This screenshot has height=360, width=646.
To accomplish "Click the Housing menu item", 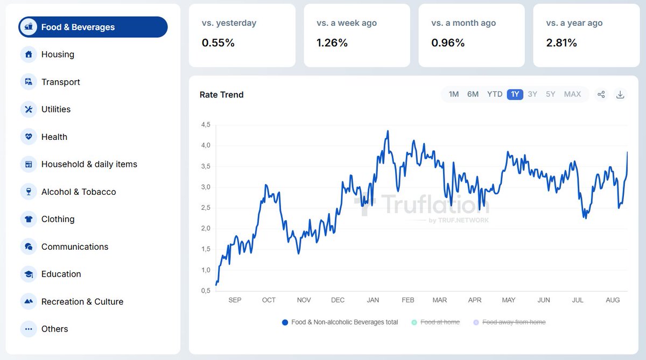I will pyautogui.click(x=57, y=54).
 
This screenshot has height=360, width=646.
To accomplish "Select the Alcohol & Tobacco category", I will pyautogui.click(x=78, y=192).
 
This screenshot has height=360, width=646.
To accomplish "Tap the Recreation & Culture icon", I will pyautogui.click(x=29, y=301).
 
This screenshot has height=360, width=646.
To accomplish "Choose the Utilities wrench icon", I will pyautogui.click(x=29, y=109).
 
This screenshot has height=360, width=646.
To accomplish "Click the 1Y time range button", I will pyautogui.click(x=515, y=94).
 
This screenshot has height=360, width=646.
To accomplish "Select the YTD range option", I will pyautogui.click(x=494, y=94).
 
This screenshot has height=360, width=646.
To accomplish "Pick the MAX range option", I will pyautogui.click(x=572, y=94).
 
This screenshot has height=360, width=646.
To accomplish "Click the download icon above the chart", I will pyautogui.click(x=620, y=95).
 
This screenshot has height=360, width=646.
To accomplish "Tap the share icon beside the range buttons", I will pyautogui.click(x=601, y=95).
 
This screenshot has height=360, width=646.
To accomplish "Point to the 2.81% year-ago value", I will pyautogui.click(x=561, y=43).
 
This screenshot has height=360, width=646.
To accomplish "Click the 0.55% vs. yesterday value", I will pyautogui.click(x=218, y=43).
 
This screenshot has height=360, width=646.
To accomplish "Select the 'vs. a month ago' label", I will pyautogui.click(x=464, y=23).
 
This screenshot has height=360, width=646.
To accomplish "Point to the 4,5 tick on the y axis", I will pyautogui.click(x=206, y=125).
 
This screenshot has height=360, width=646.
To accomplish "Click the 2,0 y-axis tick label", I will pyautogui.click(x=206, y=228).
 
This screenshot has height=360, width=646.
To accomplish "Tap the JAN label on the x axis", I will pyautogui.click(x=373, y=300).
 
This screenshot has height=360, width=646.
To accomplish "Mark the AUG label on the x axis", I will pyautogui.click(x=613, y=300).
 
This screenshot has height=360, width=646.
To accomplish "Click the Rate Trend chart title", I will pyautogui.click(x=221, y=95).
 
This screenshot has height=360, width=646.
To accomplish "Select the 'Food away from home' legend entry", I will pyautogui.click(x=514, y=322).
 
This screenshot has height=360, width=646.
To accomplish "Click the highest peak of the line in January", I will pyautogui.click(x=388, y=131).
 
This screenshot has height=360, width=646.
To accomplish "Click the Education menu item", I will pyautogui.click(x=61, y=274).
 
